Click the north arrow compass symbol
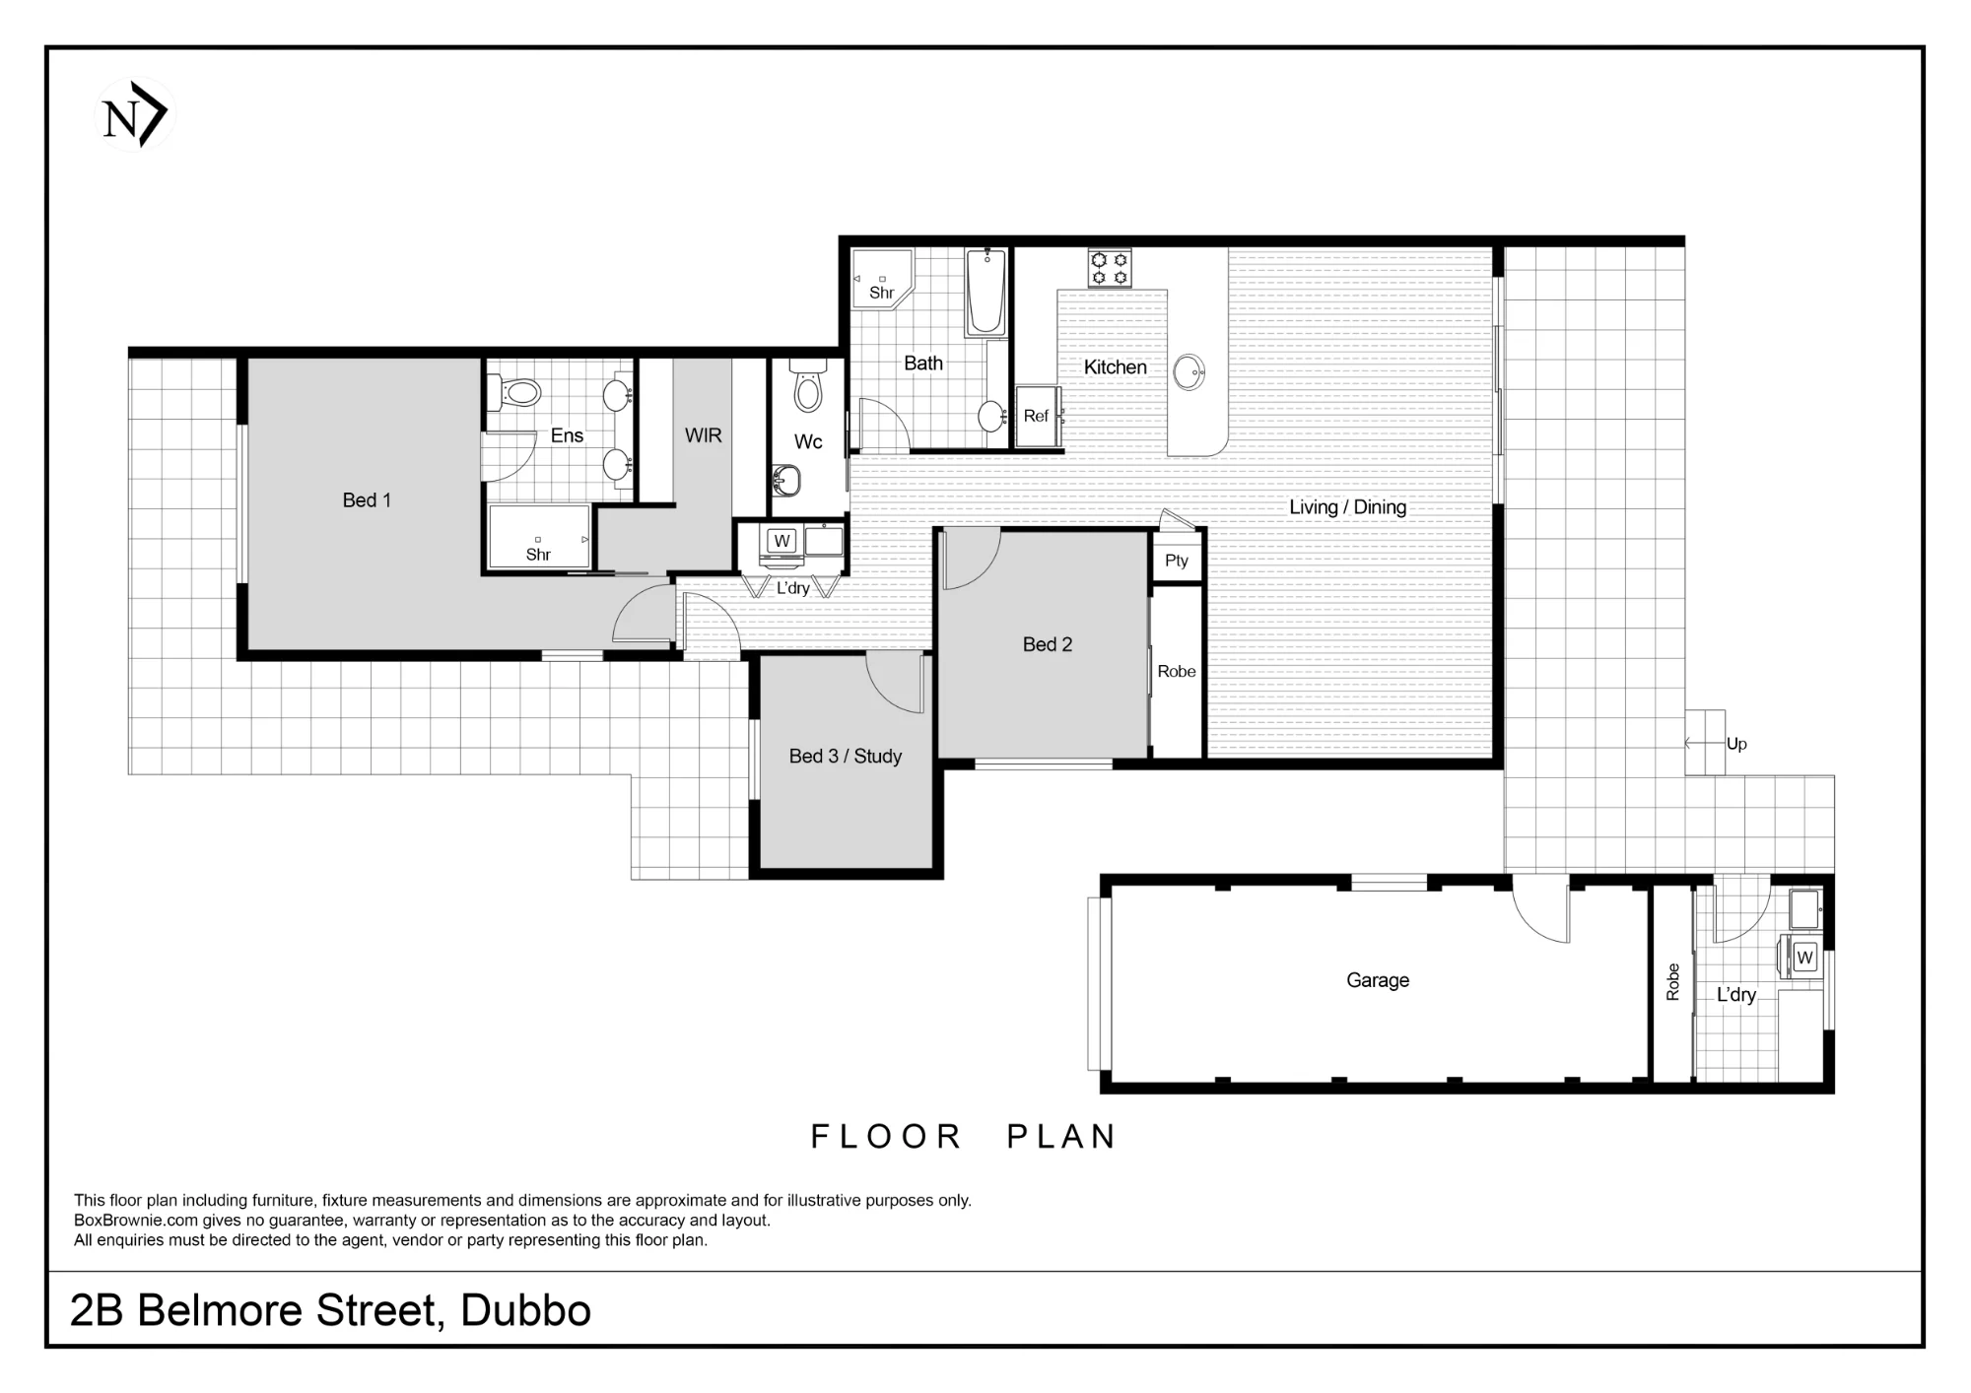click(x=135, y=115)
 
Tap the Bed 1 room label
click(x=367, y=500)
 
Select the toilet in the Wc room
click(x=808, y=386)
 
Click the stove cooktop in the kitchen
click(x=1110, y=268)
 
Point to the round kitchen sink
click(x=1190, y=371)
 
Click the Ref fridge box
click(x=1036, y=416)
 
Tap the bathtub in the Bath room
click(x=985, y=293)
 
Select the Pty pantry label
click(x=1177, y=561)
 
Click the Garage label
click(x=1378, y=980)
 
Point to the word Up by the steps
click(x=1736, y=744)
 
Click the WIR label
click(x=704, y=435)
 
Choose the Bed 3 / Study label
click(x=846, y=757)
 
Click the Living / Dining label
click(x=1348, y=507)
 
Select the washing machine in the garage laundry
click(x=1802, y=957)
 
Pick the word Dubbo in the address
click(x=526, y=1310)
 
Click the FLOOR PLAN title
click(x=964, y=1137)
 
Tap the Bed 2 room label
click(x=1048, y=645)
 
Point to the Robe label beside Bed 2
click(x=1177, y=672)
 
